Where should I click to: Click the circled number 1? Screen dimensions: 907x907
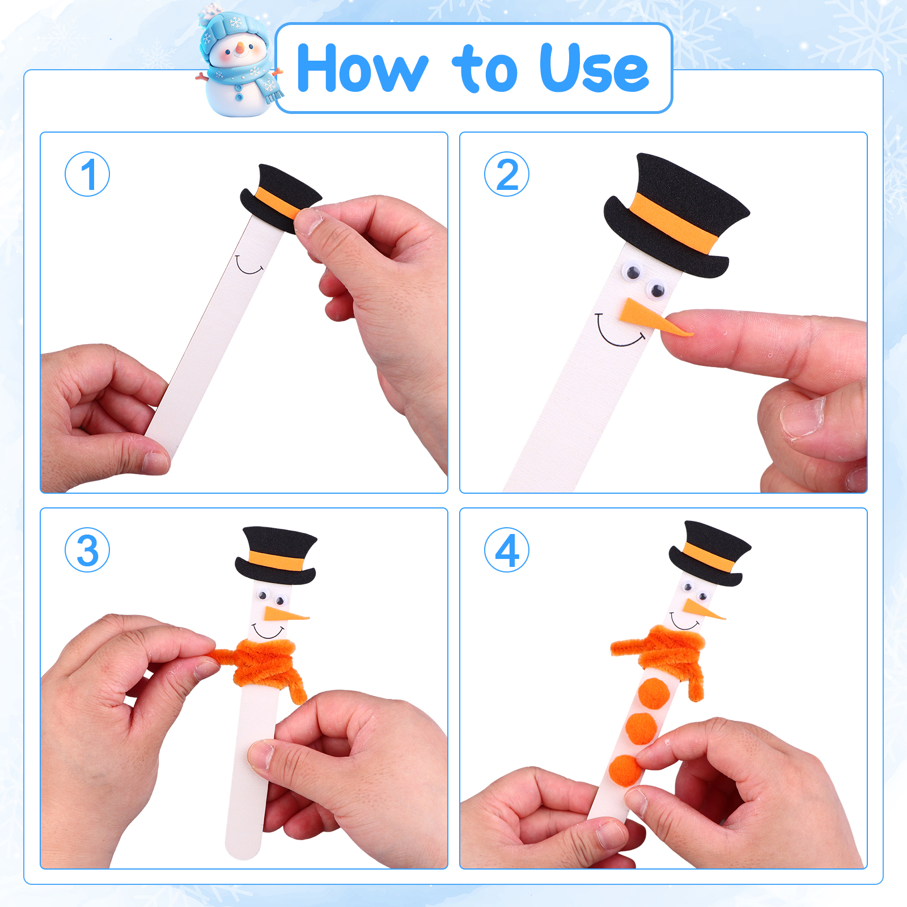[x=87, y=174]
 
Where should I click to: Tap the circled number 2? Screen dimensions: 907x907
[x=507, y=174]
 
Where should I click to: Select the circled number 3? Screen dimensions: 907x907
[x=87, y=550]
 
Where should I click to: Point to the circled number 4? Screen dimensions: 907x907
[x=507, y=550]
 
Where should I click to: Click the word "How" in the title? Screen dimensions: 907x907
[x=362, y=68]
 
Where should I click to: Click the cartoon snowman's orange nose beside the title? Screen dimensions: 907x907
[x=240, y=48]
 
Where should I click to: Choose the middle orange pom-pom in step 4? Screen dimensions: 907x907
[x=641, y=728]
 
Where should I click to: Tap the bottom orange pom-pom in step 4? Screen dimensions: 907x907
[x=626, y=770]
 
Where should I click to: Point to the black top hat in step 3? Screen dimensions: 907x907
[x=276, y=556]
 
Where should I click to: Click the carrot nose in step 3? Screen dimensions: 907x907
[x=285, y=614]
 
